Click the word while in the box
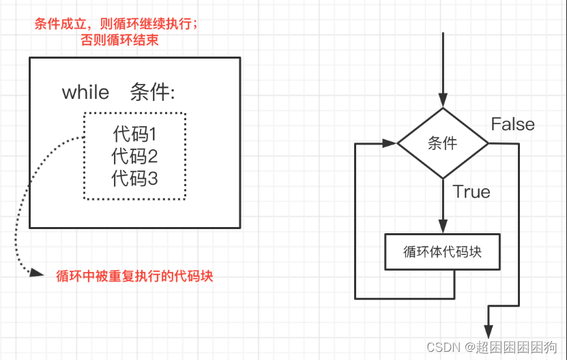click(x=85, y=92)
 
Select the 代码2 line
click(x=135, y=156)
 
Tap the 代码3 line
click(x=135, y=179)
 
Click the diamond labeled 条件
click(x=443, y=144)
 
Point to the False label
click(x=513, y=124)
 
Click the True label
click(x=471, y=192)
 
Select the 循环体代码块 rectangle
click(x=443, y=252)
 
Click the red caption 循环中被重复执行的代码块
click(x=134, y=277)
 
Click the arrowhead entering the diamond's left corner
click(x=390, y=144)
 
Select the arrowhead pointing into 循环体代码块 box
click(x=443, y=228)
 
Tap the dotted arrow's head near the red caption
click(x=33, y=273)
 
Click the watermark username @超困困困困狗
click(x=512, y=347)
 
